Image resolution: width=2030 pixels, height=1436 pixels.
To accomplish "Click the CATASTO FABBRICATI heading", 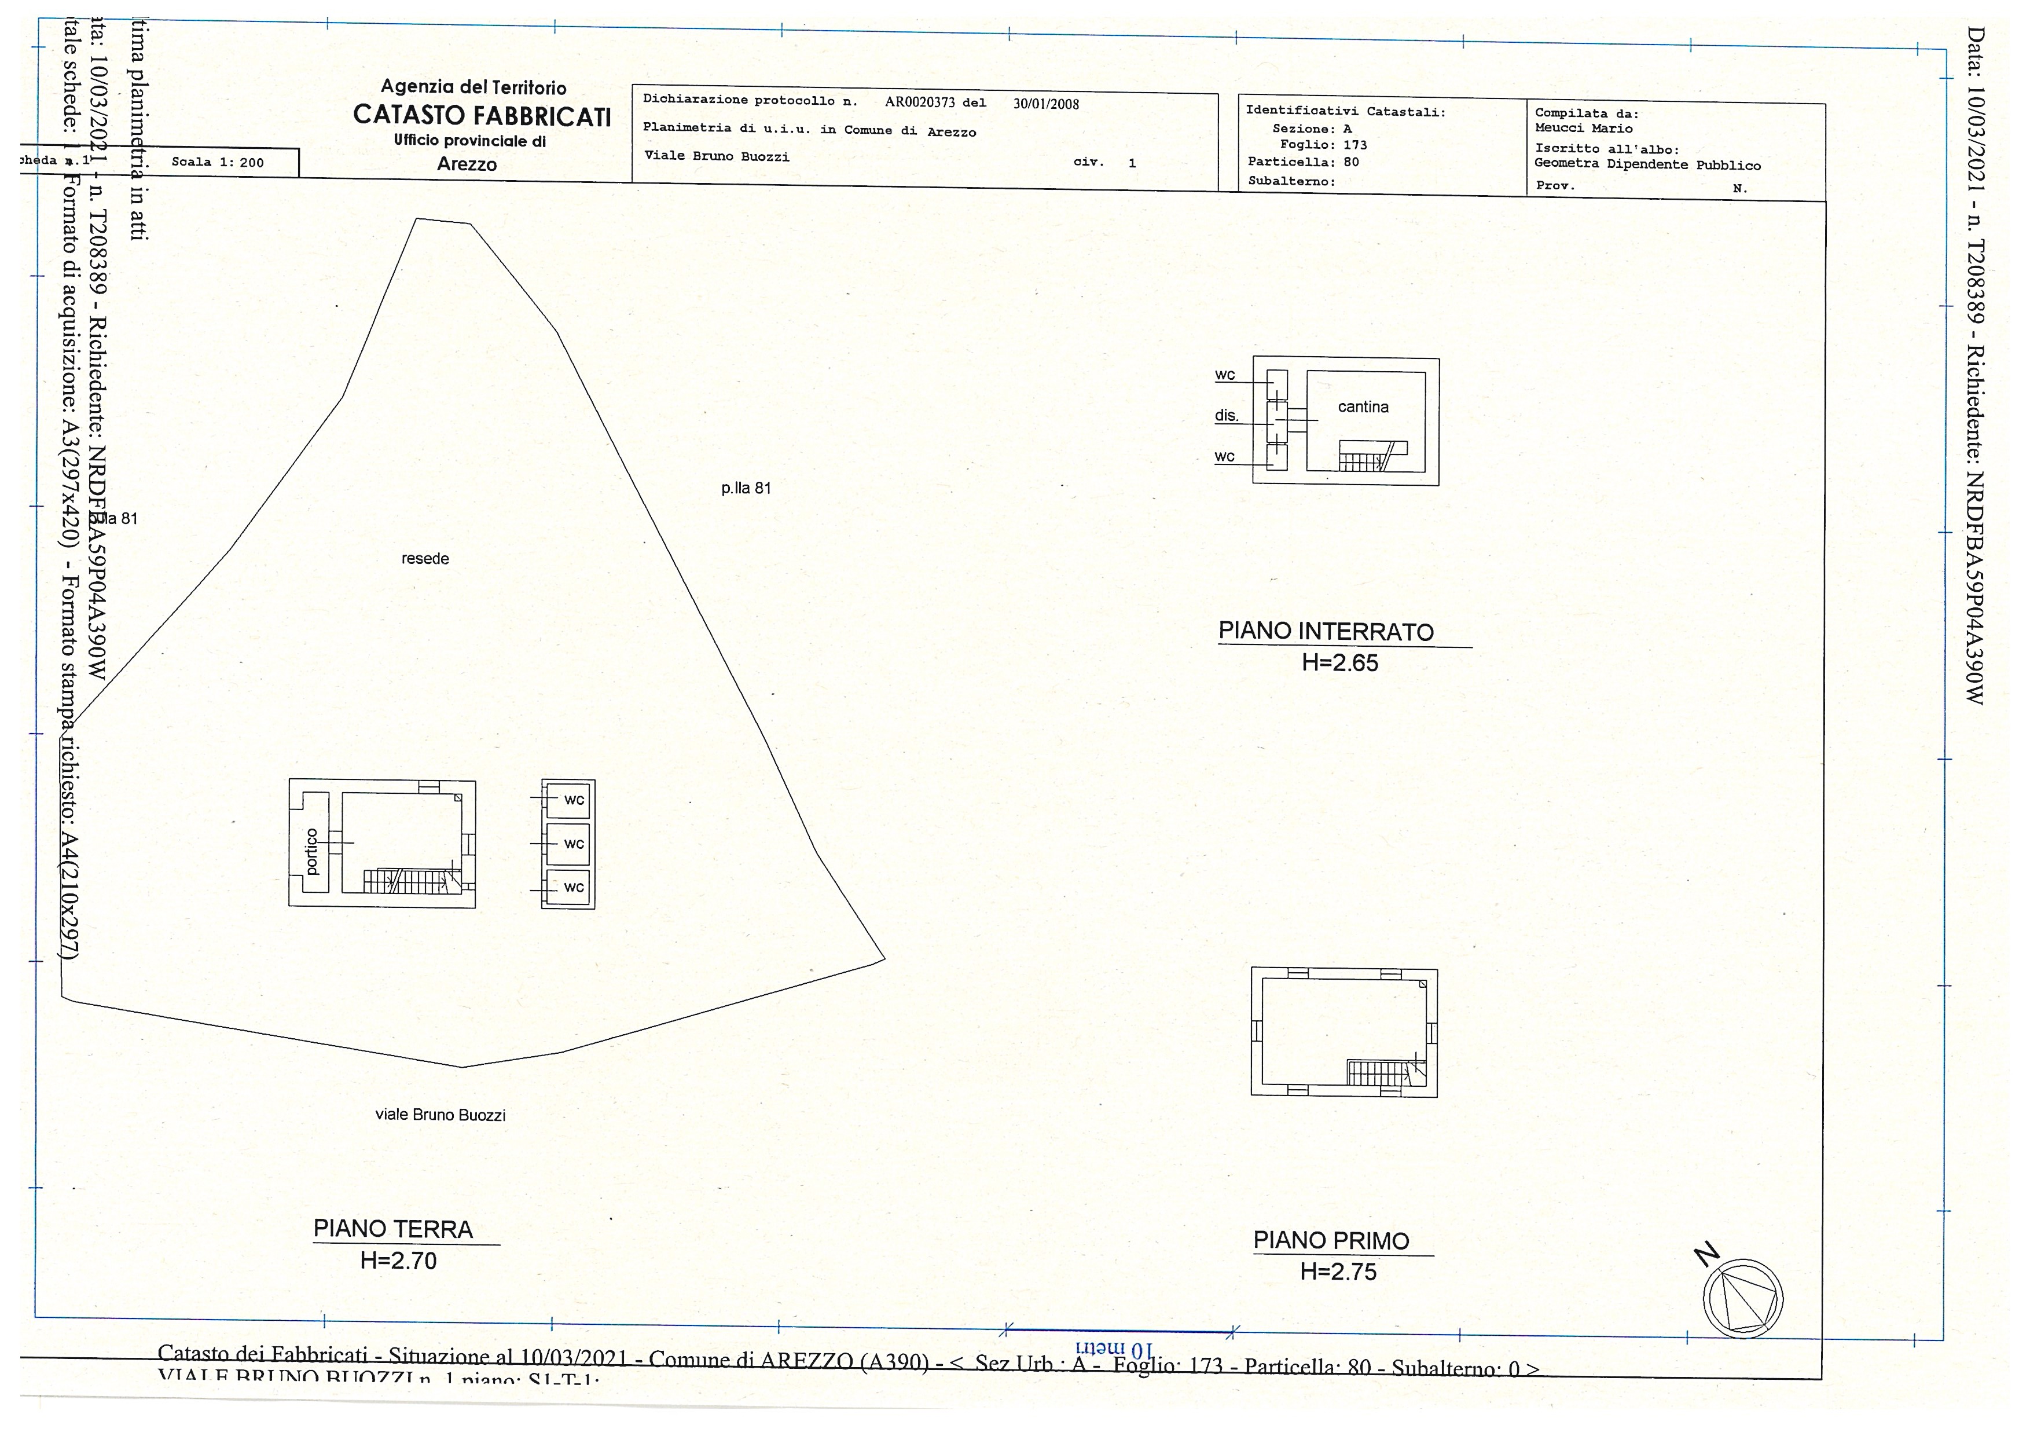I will (482, 116).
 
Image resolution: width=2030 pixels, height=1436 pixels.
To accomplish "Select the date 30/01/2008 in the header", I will (1046, 104).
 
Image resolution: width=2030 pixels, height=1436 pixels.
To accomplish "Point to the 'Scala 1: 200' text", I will (218, 162).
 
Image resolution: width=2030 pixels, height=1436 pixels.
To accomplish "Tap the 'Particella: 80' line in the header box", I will (1303, 162).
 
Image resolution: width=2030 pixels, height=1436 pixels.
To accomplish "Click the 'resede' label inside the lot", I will (425, 559).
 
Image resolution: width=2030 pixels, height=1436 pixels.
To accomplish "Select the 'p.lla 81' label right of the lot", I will (746, 488).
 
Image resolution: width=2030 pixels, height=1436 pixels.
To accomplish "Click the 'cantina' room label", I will (1363, 406).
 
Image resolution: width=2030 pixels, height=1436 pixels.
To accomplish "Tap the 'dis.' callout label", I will (1227, 416).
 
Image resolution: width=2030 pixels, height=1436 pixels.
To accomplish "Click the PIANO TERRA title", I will (394, 1229).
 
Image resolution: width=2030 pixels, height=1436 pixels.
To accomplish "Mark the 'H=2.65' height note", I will (1339, 663).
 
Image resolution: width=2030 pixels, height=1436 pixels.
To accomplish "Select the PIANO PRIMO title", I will (1331, 1241).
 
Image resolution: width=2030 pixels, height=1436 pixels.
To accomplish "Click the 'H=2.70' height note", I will (398, 1261).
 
